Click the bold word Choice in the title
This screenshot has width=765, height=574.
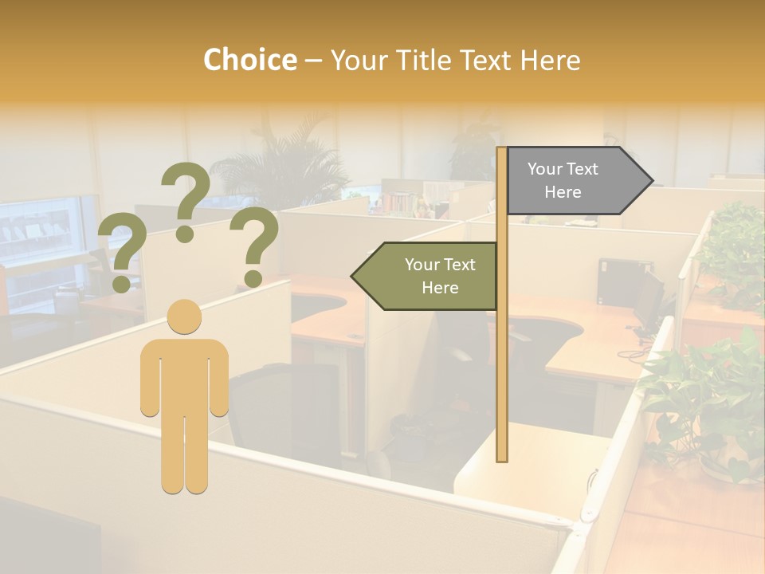(249, 61)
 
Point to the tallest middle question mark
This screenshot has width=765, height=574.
(186, 199)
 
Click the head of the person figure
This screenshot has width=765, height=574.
(185, 316)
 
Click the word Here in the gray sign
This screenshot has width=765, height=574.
(563, 192)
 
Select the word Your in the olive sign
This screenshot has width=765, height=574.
(422, 265)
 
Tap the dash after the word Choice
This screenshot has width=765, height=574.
(313, 61)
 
